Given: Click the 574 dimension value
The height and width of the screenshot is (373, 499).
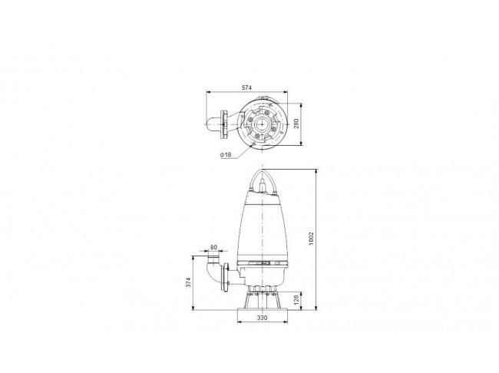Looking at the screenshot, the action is click(246, 87).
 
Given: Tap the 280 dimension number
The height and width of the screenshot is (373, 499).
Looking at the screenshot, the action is click(296, 124).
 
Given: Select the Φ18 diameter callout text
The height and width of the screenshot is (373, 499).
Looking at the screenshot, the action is click(225, 155).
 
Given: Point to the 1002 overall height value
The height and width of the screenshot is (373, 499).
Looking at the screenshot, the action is click(311, 239).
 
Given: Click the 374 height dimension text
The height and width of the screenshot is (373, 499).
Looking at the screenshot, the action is click(188, 282).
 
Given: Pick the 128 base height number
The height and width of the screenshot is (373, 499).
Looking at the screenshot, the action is click(296, 299).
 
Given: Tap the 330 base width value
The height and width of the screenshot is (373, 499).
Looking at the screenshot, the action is click(263, 318).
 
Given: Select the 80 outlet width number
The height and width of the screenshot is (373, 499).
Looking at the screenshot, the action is click(213, 247).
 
